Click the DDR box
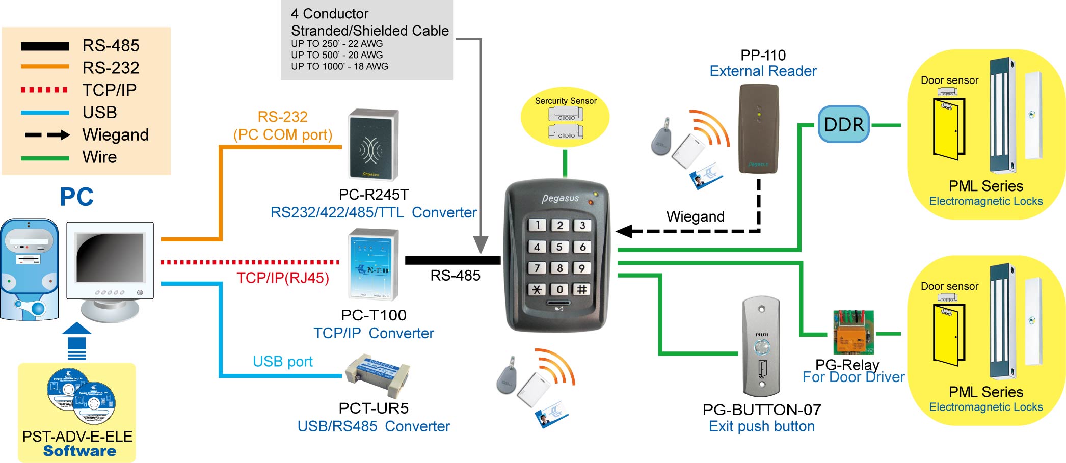(843, 124)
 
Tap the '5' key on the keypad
(559, 247)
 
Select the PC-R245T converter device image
(373, 145)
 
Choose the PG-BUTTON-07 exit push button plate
(761, 346)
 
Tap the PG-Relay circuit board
(853, 333)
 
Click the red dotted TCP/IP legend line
(45, 90)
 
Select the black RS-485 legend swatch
(45, 46)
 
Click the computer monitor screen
(110, 257)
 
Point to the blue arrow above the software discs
(76, 341)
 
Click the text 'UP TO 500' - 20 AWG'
(337, 55)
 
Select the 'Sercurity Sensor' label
(565, 101)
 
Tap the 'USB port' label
(282, 361)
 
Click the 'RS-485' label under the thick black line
(455, 276)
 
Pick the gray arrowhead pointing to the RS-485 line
(481, 244)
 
